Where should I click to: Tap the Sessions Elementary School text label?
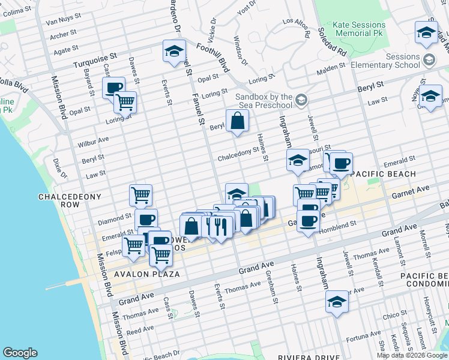[x=394, y=61]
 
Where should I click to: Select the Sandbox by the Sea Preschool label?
[x=264, y=100]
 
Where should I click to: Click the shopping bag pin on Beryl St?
[x=238, y=122]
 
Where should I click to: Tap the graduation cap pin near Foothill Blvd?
[x=174, y=52]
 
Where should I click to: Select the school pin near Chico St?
[x=337, y=302]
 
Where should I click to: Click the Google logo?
[x=20, y=353]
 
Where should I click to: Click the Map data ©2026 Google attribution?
[x=412, y=355]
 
